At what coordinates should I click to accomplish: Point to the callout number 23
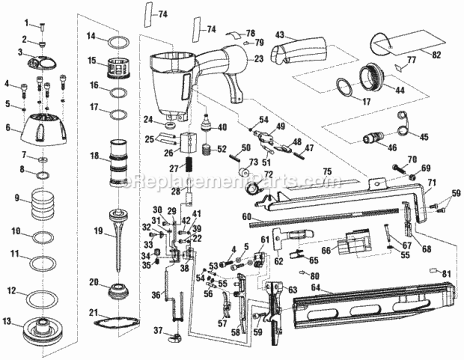click(259, 59)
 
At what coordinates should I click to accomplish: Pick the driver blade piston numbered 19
click(119, 238)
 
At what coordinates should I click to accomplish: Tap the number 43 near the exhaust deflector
click(280, 35)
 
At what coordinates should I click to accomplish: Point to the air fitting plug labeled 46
click(373, 137)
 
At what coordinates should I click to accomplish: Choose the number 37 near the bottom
click(158, 330)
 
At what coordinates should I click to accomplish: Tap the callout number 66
click(326, 251)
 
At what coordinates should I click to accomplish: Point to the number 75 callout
click(327, 172)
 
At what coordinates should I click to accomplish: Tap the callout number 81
click(446, 274)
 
